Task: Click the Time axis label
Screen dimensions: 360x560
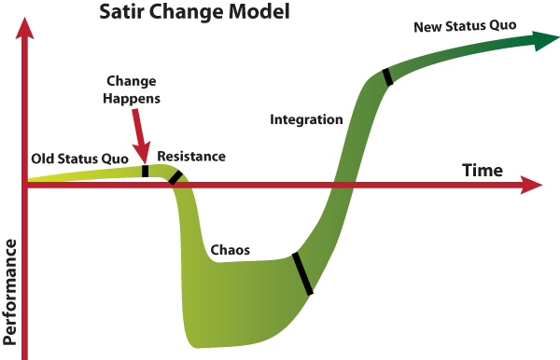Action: [483, 171]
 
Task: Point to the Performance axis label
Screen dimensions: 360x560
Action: [11, 298]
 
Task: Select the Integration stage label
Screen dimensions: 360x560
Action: [306, 119]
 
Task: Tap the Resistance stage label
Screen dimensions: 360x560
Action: [191, 156]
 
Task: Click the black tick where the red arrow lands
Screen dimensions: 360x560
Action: [146, 171]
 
